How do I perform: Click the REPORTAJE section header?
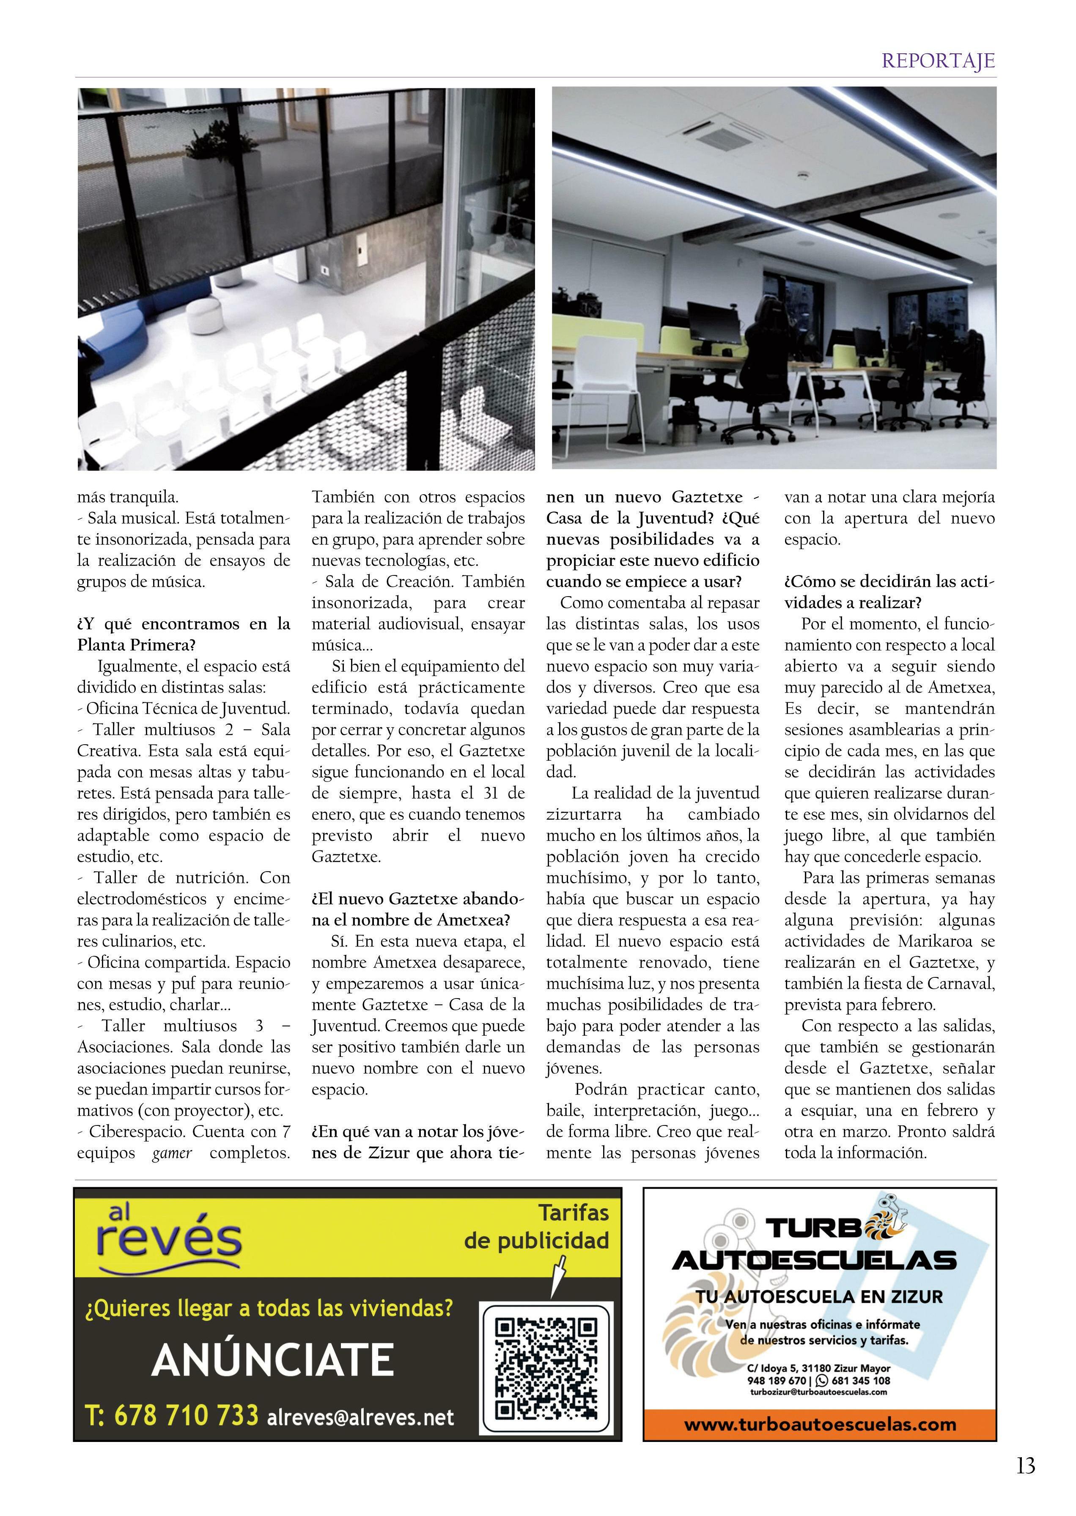[938, 61]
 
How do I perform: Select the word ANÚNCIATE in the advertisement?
[272, 1361]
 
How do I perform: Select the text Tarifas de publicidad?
[537, 1227]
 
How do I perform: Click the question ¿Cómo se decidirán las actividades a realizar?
[889, 592]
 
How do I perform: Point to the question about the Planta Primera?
[184, 634]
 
